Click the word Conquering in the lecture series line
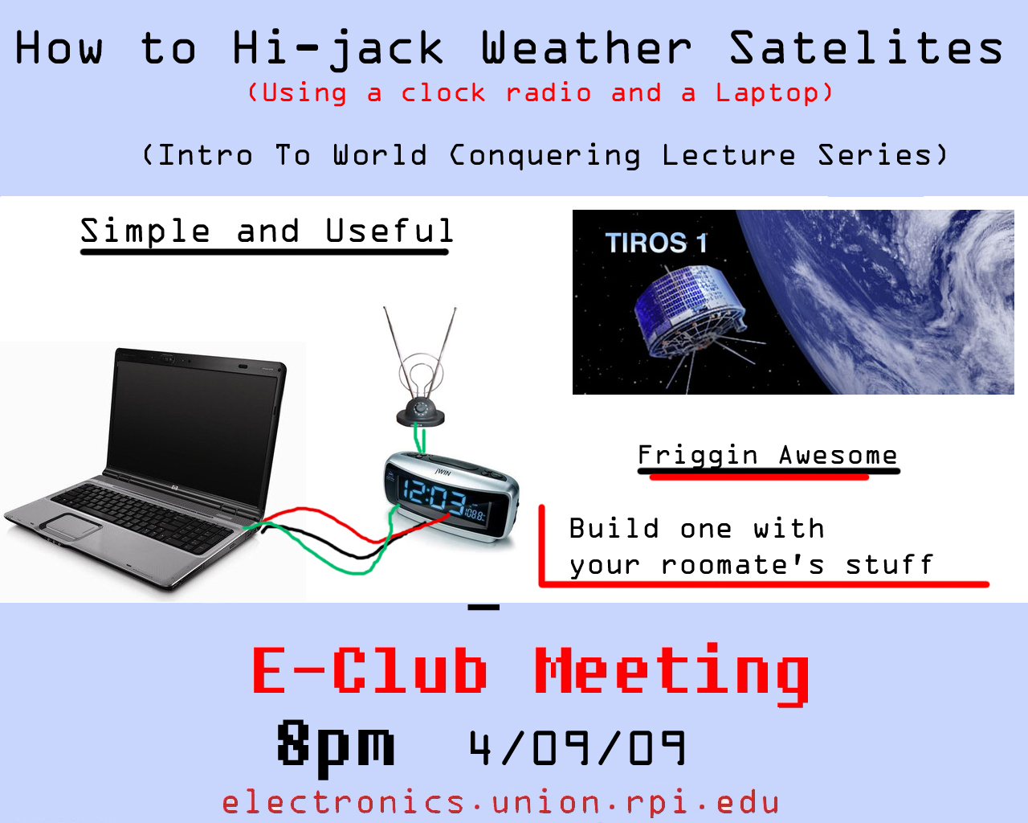(545, 155)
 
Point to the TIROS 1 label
(656, 243)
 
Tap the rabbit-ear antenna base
(420, 412)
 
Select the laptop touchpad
(71, 526)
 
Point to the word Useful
(390, 231)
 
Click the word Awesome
(838, 455)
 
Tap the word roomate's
(743, 565)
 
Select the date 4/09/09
(577, 748)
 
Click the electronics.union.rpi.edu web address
(500, 803)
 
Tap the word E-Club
(369, 670)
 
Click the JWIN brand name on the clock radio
(443, 473)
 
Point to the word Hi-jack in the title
(338, 49)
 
